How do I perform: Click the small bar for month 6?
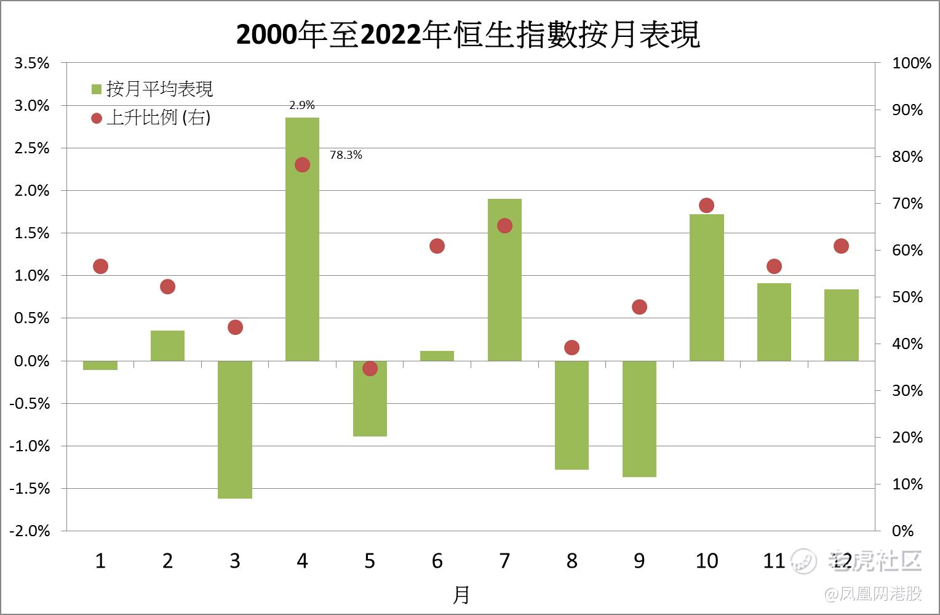tap(437, 356)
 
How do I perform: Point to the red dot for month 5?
tap(370, 369)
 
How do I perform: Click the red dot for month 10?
tap(706, 206)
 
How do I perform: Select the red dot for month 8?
tap(572, 348)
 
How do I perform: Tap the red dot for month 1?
tap(100, 267)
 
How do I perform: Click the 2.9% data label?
tap(302, 105)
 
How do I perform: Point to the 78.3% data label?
tap(346, 155)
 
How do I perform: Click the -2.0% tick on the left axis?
tap(30, 531)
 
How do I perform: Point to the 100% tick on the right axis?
tap(911, 63)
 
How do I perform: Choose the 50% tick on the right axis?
tap(907, 297)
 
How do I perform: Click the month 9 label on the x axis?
tap(639, 561)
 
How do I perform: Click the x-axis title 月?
tap(461, 595)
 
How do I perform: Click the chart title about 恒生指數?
tap(468, 35)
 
